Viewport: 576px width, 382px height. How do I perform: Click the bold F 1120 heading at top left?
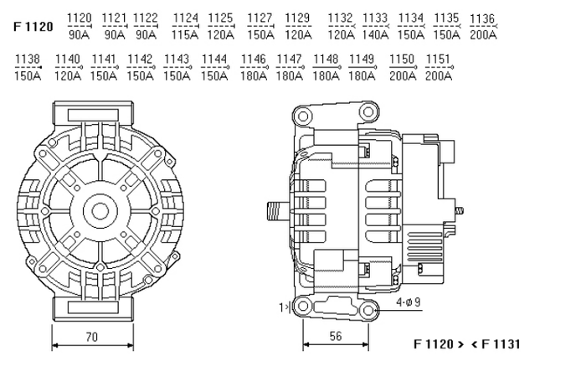coord(33,26)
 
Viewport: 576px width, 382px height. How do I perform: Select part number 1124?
coord(185,18)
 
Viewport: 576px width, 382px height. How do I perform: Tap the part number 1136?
coord(482,18)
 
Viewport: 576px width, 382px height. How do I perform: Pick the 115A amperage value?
coord(185,34)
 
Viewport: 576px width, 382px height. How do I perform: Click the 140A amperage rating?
coord(375,34)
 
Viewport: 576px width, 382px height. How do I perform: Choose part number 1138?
coord(28,59)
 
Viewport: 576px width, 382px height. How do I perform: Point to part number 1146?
coord(253,59)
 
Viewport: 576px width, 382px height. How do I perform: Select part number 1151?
coord(438,59)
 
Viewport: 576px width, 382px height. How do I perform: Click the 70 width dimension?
coord(92,337)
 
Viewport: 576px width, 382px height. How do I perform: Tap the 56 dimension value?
coord(336,336)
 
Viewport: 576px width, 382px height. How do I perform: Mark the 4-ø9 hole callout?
coord(409,302)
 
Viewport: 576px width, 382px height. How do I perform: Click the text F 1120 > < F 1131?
coord(467,344)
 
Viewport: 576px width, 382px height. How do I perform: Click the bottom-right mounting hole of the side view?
coord(366,312)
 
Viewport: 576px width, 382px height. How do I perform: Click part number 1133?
coord(375,18)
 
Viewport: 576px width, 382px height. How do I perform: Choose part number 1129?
coord(297,18)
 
